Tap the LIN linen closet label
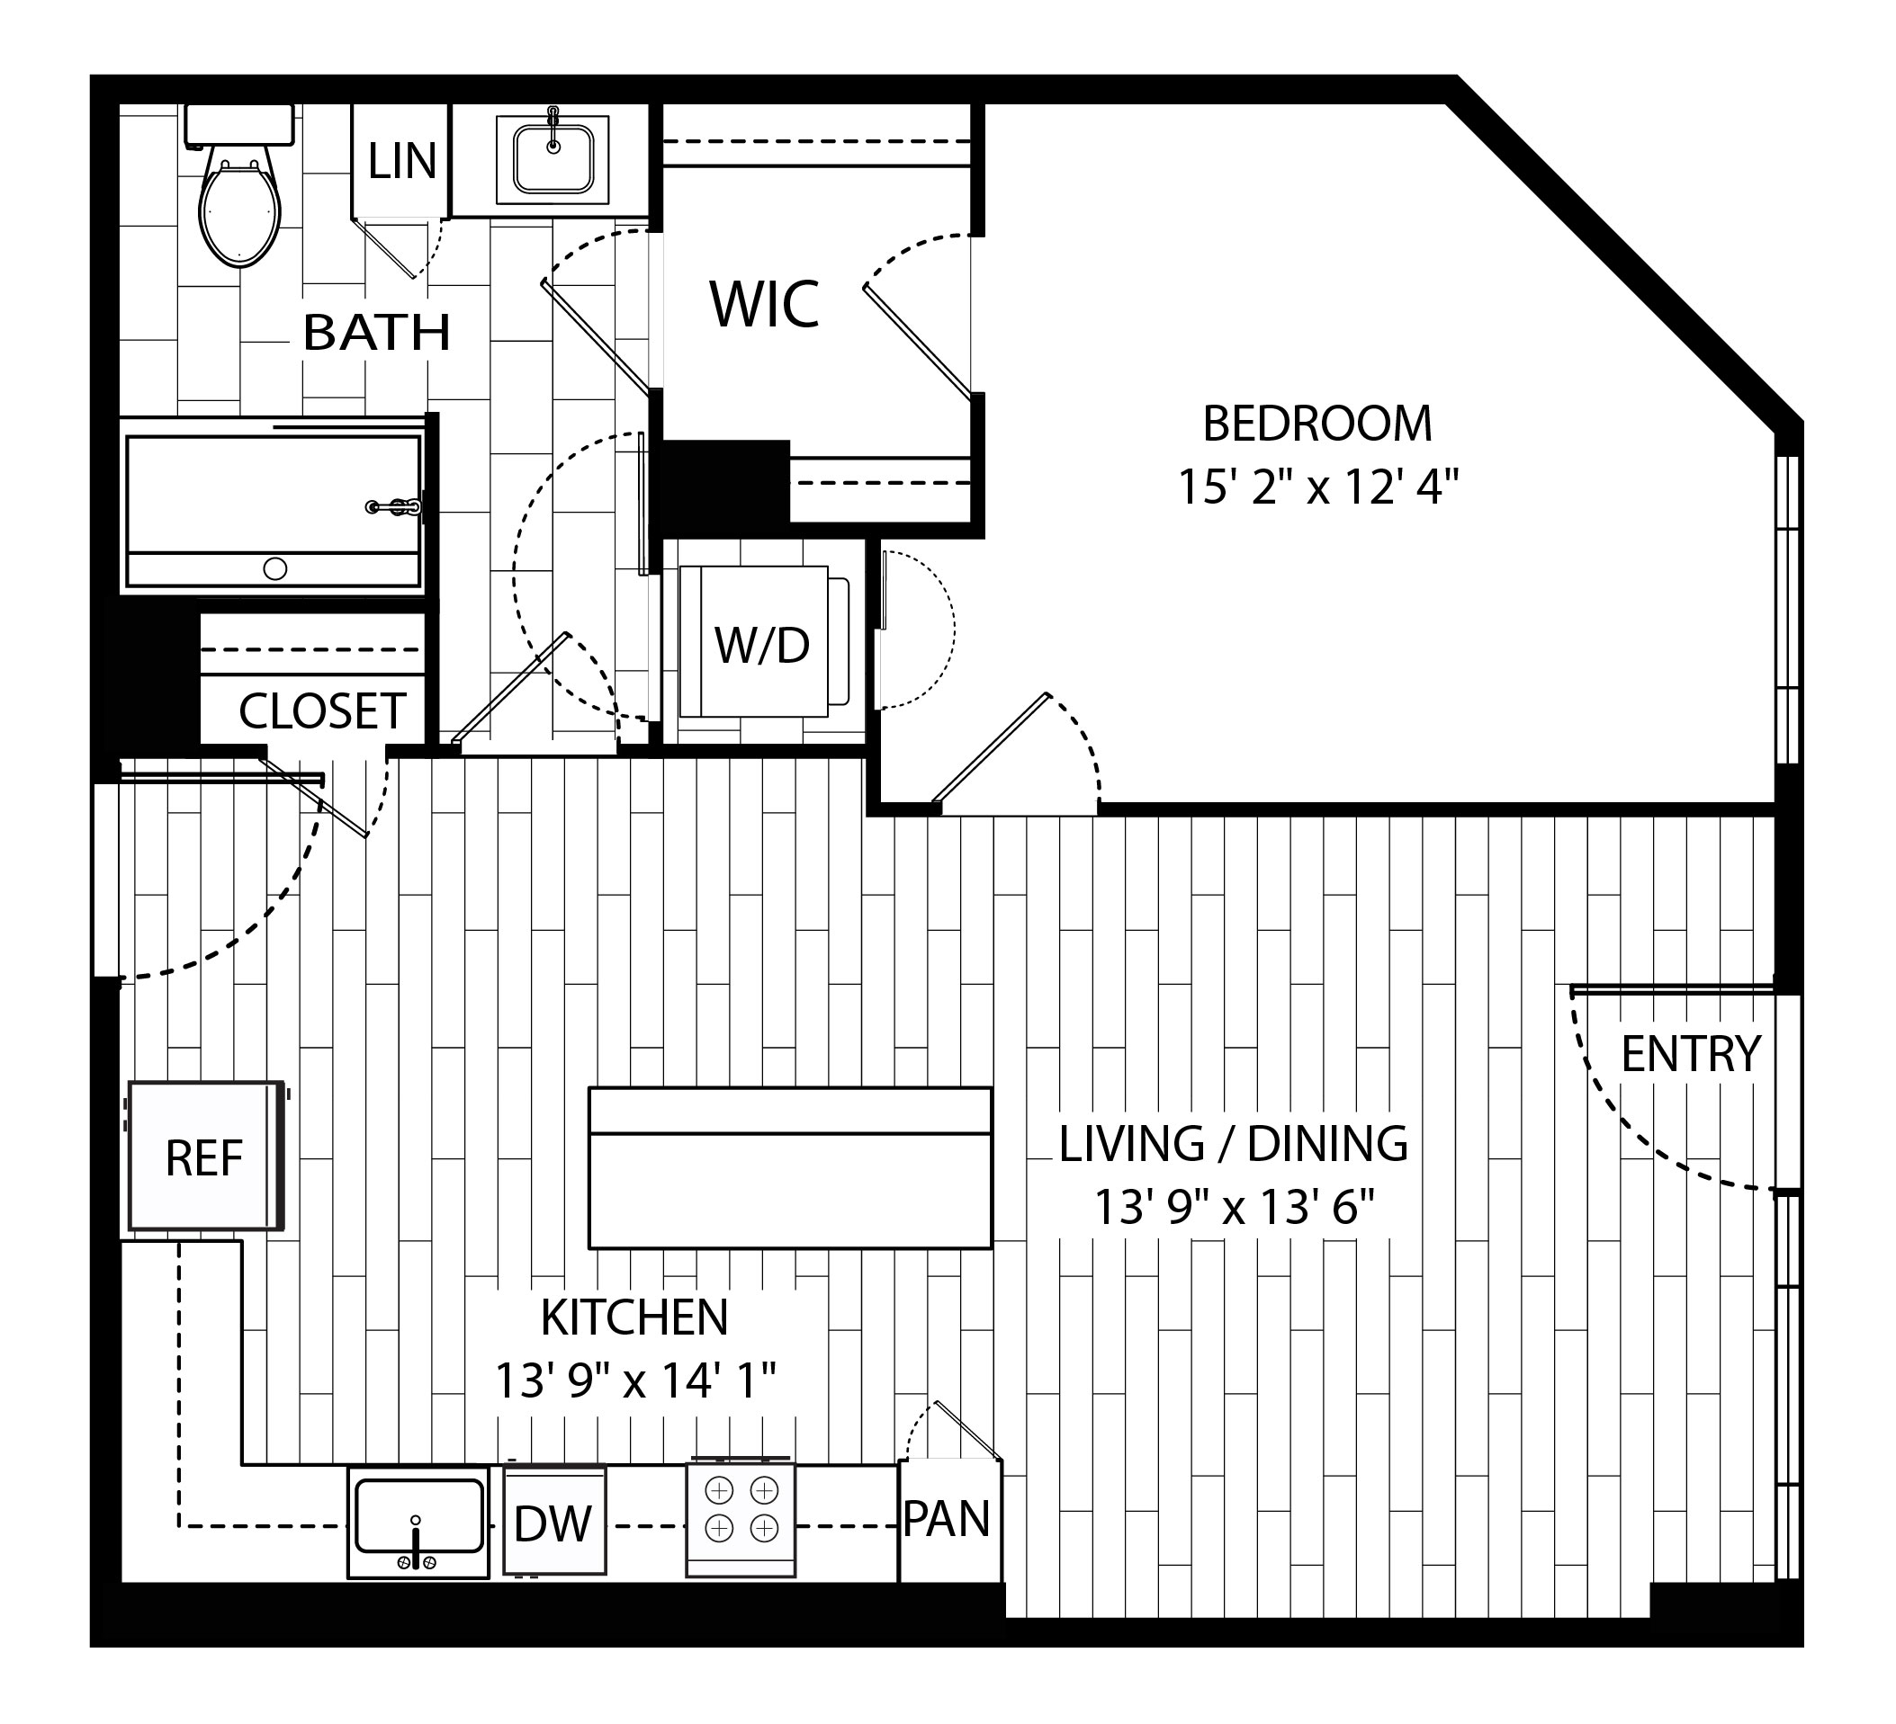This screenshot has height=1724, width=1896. [x=401, y=161]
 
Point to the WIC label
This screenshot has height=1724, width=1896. [x=765, y=305]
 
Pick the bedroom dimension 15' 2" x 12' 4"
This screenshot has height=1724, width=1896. [x=1317, y=487]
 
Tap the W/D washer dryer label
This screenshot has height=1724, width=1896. [x=762, y=646]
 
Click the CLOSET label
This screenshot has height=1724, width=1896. [x=321, y=711]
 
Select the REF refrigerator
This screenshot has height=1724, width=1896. [x=206, y=1157]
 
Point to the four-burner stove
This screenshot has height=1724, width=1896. [x=741, y=1519]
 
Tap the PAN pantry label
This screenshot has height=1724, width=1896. [x=947, y=1519]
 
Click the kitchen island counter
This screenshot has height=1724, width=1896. [x=790, y=1168]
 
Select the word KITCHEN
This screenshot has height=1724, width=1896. [x=634, y=1318]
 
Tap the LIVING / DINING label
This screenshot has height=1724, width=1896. [x=1234, y=1144]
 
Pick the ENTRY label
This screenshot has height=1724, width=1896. [x=1691, y=1054]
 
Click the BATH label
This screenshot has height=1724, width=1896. [x=377, y=333]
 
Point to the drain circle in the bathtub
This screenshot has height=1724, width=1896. [x=275, y=568]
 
